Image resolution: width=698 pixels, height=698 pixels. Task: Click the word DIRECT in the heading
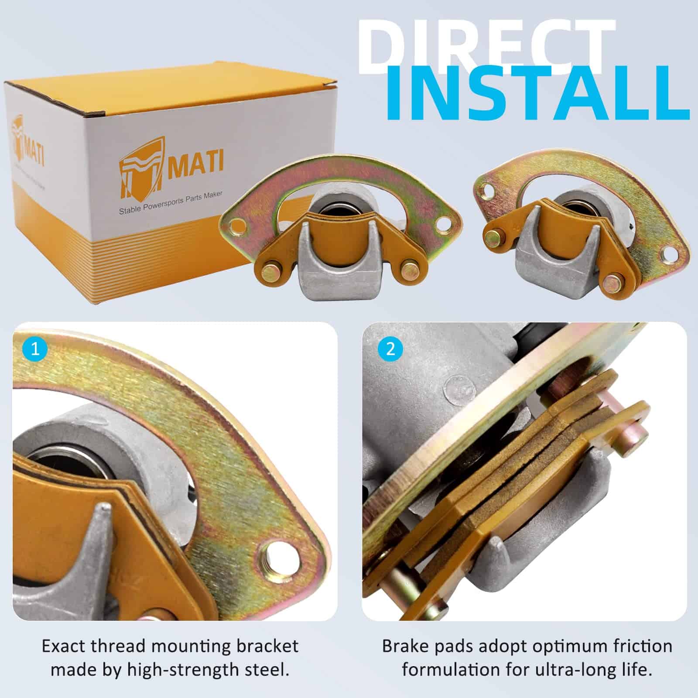(x=484, y=46)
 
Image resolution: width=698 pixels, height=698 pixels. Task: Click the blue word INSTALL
(x=537, y=94)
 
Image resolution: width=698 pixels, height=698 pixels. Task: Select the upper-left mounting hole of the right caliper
(x=485, y=190)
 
